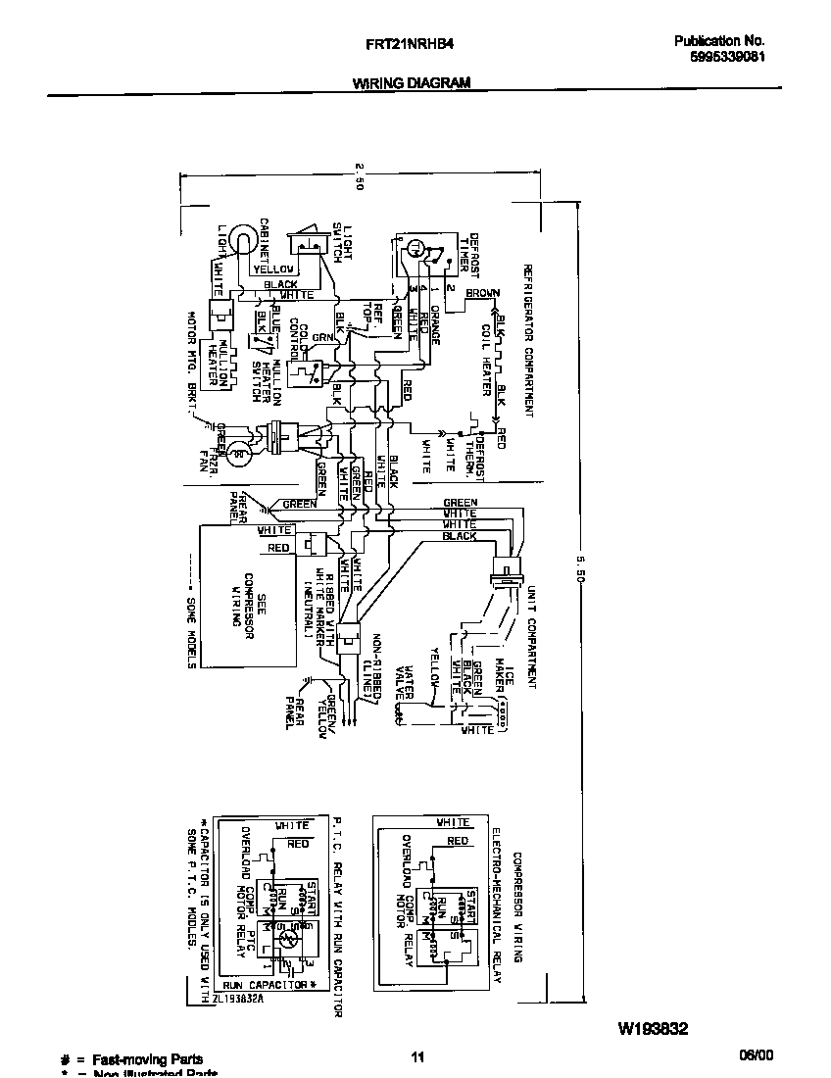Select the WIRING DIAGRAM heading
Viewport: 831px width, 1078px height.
(x=412, y=83)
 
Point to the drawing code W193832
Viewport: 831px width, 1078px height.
(x=653, y=1029)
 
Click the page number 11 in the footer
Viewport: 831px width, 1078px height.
(x=417, y=1056)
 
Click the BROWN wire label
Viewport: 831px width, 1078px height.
(x=482, y=293)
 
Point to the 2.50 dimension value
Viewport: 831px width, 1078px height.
(x=360, y=175)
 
